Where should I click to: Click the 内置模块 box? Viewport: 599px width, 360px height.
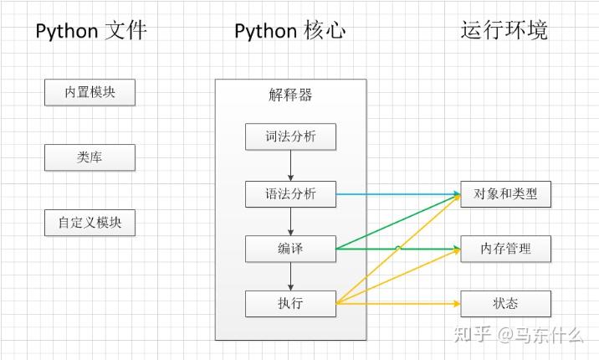(x=90, y=92)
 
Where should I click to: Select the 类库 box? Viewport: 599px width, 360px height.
(x=90, y=157)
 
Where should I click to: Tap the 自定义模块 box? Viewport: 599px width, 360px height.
(x=90, y=223)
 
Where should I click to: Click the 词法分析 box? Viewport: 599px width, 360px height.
(x=290, y=136)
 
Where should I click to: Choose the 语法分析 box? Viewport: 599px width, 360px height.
(x=290, y=194)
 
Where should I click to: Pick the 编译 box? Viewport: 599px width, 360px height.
(x=290, y=249)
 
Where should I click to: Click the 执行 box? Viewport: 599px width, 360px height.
(x=290, y=303)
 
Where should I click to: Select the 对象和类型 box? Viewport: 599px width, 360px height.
(x=506, y=194)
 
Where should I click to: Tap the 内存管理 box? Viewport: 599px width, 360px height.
(x=506, y=249)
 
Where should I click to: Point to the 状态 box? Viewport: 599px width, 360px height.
(x=506, y=303)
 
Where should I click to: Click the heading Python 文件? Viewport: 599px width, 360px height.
(x=90, y=31)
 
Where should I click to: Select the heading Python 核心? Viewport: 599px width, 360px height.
(x=289, y=31)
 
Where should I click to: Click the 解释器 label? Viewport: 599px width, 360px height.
(x=290, y=95)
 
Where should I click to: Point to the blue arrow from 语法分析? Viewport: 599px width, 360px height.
(x=397, y=194)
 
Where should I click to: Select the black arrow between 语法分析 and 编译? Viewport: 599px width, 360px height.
(x=290, y=221)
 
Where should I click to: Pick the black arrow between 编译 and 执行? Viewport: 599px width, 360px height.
(x=290, y=275)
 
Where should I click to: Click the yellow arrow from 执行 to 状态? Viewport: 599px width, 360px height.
(x=397, y=303)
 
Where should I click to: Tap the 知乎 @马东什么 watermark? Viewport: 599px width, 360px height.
(x=517, y=335)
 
